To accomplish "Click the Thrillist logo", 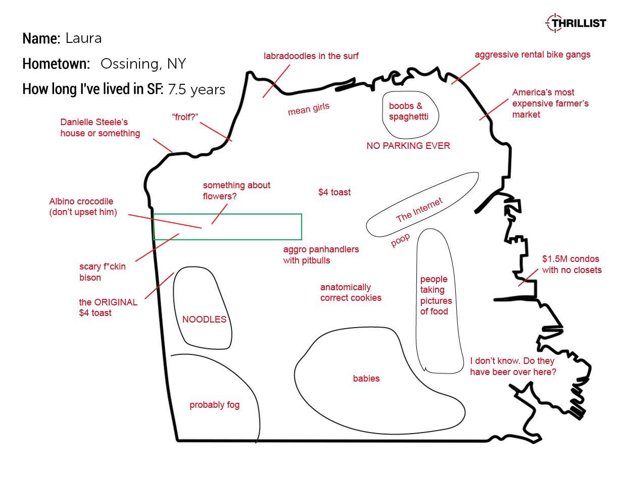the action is tap(576, 23).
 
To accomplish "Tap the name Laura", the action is tap(83, 38).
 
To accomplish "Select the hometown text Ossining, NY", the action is tap(143, 64).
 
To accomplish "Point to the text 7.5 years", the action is tap(197, 89).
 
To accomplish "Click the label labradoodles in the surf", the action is tap(311, 56).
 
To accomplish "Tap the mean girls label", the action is tap(309, 109).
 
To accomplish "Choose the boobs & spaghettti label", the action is tap(409, 111).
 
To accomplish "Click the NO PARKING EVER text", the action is tap(408, 145).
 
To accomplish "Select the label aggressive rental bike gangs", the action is tap(533, 55).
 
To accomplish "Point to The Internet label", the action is tap(419, 210).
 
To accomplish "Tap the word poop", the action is tap(400, 240).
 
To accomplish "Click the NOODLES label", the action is tap(204, 319).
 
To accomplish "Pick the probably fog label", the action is tap(214, 405).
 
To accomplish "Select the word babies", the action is tap(366, 378).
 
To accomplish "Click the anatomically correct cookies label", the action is tap(351, 292).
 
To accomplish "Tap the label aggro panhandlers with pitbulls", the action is tap(321, 254).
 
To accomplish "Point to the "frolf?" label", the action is tap(185, 117).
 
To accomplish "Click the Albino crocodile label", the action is tap(83, 206).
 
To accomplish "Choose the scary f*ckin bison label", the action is tap(102, 272).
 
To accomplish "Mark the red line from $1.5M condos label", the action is tap(528, 277).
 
